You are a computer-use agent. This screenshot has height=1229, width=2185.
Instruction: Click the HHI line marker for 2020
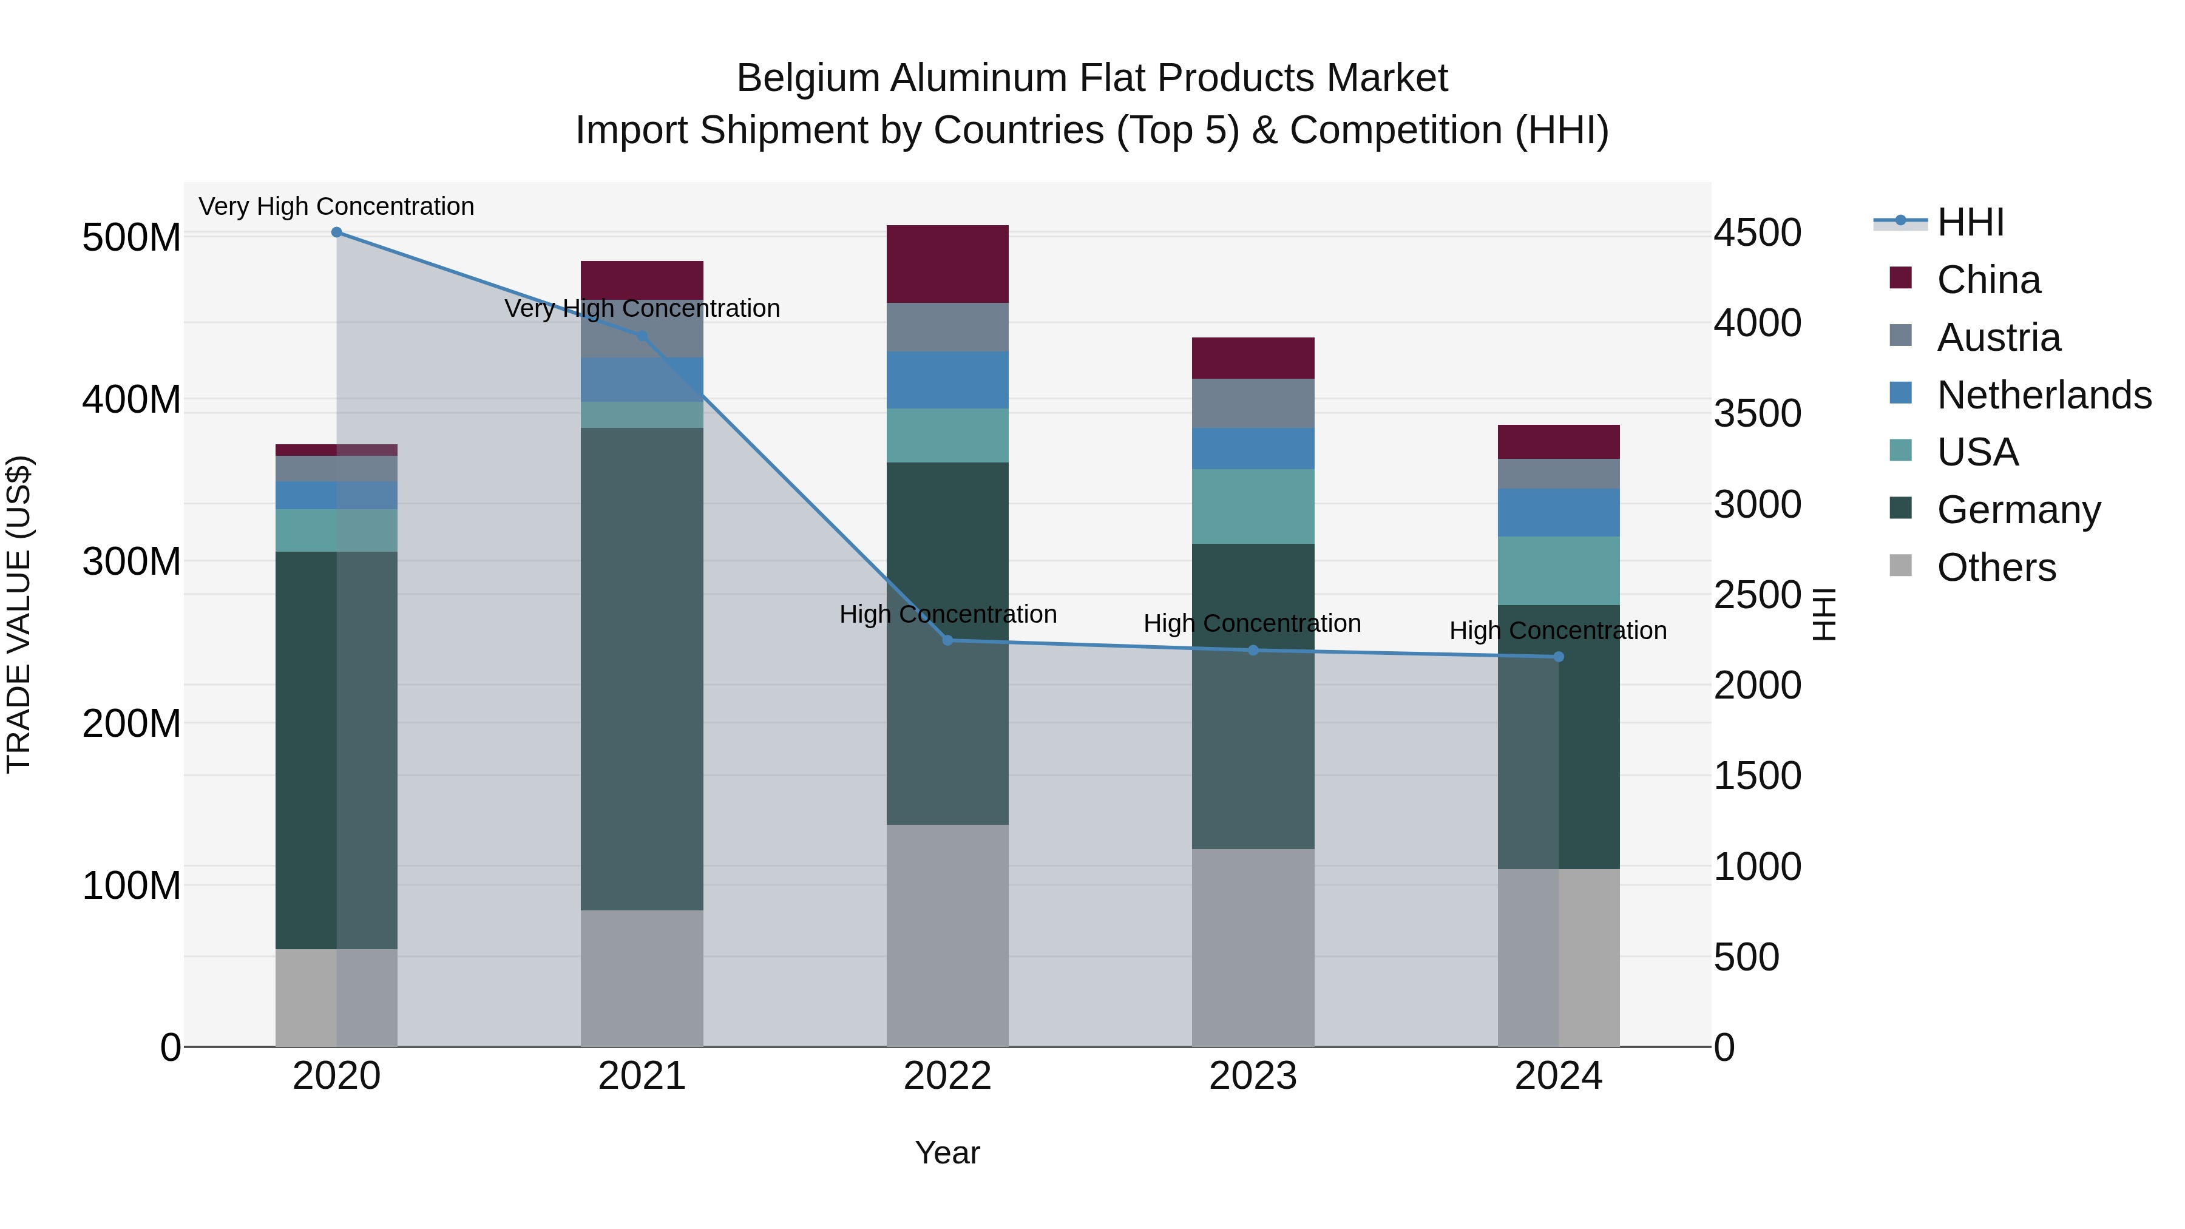pyautogui.click(x=337, y=232)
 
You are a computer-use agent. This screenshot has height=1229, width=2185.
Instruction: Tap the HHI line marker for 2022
pyautogui.click(x=948, y=640)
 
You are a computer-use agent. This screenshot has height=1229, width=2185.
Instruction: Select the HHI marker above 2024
pyautogui.click(x=1558, y=657)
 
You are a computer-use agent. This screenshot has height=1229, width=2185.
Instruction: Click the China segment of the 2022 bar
pyautogui.click(x=947, y=264)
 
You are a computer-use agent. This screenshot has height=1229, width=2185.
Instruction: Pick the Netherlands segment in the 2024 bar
pyautogui.click(x=1558, y=512)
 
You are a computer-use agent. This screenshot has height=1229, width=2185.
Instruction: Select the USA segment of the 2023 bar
pyautogui.click(x=1253, y=506)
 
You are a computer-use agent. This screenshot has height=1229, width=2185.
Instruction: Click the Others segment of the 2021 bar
pyautogui.click(x=642, y=978)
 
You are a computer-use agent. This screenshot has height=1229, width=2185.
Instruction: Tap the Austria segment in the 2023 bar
pyautogui.click(x=1253, y=403)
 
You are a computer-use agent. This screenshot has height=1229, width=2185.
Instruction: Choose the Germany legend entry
pyautogui.click(x=2019, y=510)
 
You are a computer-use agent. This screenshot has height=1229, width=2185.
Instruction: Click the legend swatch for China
pyautogui.click(x=1901, y=278)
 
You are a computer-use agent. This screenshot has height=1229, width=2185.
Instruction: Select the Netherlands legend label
pyautogui.click(x=2044, y=395)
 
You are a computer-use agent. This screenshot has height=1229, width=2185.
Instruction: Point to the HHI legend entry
pyautogui.click(x=1970, y=222)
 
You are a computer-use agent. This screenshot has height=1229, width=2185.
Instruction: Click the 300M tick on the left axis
pyautogui.click(x=132, y=561)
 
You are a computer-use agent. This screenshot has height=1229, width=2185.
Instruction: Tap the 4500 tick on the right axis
pyautogui.click(x=1758, y=232)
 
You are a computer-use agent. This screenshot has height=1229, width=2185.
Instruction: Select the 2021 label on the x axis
pyautogui.click(x=642, y=1076)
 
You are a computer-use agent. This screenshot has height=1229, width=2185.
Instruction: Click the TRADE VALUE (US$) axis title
pyautogui.click(x=19, y=614)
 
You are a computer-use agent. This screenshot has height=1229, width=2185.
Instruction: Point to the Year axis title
pyautogui.click(x=947, y=1153)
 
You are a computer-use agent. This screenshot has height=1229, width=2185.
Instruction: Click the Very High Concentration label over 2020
pyautogui.click(x=337, y=206)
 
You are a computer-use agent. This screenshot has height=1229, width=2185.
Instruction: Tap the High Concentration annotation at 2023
pyautogui.click(x=1252, y=623)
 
